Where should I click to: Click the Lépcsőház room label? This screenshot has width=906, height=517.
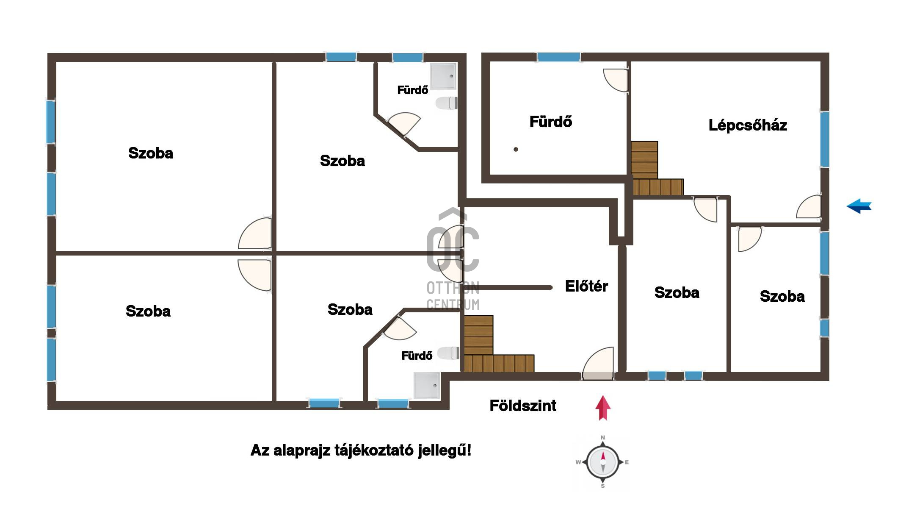[748, 125]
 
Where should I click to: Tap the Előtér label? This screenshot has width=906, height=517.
[586, 286]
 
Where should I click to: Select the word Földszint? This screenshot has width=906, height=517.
[523, 406]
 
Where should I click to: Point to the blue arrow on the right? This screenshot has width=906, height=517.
[859, 206]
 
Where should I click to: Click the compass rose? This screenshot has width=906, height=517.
[602, 462]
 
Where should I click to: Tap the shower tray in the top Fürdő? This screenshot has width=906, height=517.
[444, 76]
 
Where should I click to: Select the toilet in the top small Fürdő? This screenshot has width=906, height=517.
[447, 103]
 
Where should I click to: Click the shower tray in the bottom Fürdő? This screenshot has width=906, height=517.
[427, 386]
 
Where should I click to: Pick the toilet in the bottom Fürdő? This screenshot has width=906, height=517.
[448, 353]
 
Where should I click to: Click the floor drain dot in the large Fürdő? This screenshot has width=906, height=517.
[516, 149]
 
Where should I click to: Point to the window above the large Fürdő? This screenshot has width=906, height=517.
[559, 57]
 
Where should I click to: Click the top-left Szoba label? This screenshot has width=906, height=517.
[151, 153]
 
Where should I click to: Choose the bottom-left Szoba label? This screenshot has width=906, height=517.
[148, 311]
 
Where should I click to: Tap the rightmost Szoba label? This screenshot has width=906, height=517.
[782, 297]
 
